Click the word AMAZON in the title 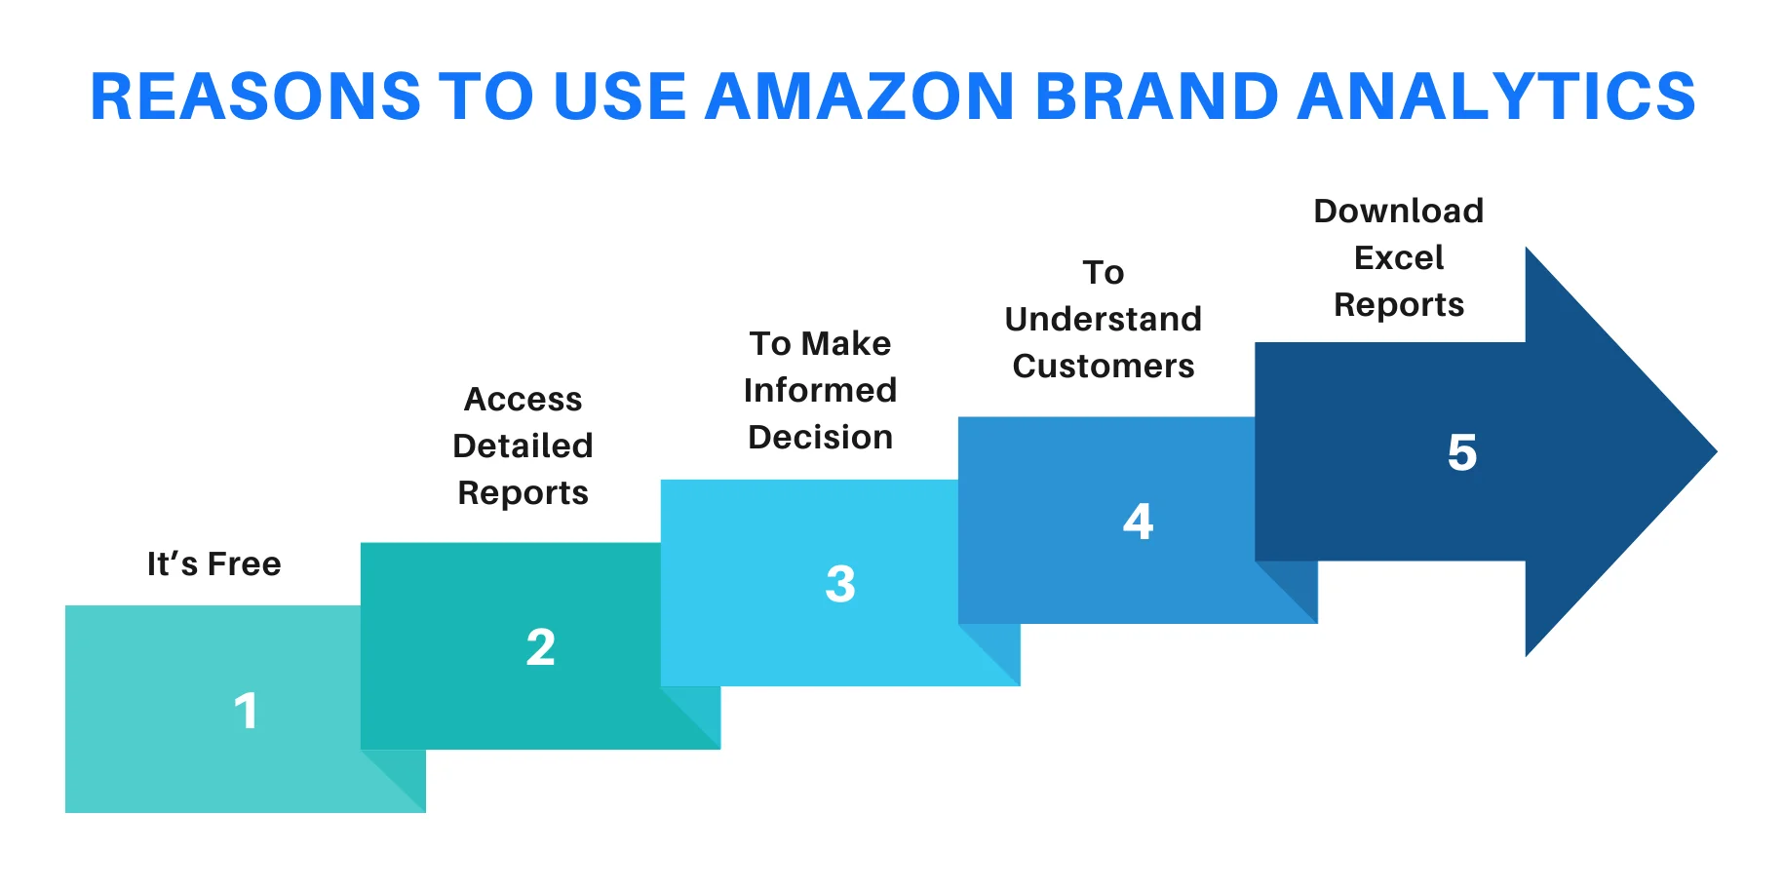click(860, 97)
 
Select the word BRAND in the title click(1156, 97)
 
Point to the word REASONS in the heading click(255, 97)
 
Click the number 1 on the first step click(246, 711)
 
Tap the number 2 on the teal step click(540, 647)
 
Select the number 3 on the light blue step click(839, 584)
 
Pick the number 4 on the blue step click(1138, 522)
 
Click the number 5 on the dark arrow click(1461, 452)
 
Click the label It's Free click(213, 564)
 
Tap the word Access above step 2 click(523, 400)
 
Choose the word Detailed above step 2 click(523, 446)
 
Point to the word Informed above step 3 click(820, 391)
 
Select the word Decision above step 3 click(820, 438)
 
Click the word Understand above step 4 click(1103, 320)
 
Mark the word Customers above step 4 click(1103, 367)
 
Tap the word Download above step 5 click(1398, 212)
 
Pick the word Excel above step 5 click(1398, 258)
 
